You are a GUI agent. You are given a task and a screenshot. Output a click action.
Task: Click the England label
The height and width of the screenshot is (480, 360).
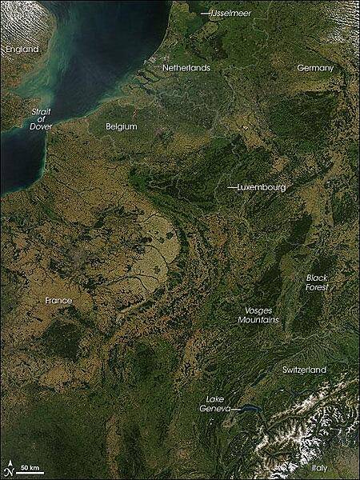pyautogui.click(x=22, y=50)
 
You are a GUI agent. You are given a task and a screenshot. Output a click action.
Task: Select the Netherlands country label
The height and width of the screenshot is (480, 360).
pyautogui.click(x=186, y=68)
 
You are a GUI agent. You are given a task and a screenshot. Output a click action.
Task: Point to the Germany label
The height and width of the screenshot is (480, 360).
pyautogui.click(x=314, y=68)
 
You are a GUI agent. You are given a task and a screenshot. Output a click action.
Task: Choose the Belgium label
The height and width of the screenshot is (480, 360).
pyautogui.click(x=122, y=126)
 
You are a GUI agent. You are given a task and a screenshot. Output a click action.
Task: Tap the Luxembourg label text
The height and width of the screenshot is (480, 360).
pyautogui.click(x=262, y=186)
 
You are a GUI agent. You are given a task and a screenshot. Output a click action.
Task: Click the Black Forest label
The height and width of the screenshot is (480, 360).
pyautogui.click(x=317, y=282)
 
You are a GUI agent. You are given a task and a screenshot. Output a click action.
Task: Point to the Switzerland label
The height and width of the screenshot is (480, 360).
pyautogui.click(x=304, y=370)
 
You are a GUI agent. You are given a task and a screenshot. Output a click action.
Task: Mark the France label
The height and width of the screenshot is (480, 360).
pyautogui.click(x=58, y=300)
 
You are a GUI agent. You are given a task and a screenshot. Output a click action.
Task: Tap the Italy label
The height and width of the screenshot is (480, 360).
pyautogui.click(x=320, y=467)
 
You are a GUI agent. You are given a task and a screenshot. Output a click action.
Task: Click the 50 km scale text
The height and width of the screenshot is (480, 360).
pyautogui.click(x=31, y=466)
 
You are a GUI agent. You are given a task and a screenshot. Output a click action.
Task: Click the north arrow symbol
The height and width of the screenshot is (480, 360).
pyautogui.click(x=9, y=467)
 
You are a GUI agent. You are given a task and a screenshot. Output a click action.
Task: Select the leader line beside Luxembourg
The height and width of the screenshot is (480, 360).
pyautogui.click(x=232, y=186)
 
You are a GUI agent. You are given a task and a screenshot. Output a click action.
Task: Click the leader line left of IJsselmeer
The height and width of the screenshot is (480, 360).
pyautogui.click(x=206, y=14)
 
